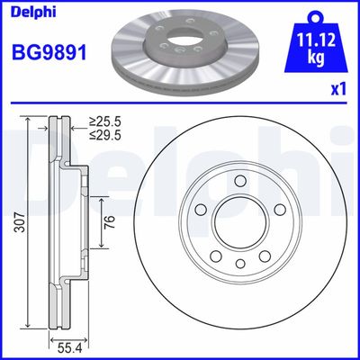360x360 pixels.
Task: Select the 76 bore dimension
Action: click(x=109, y=222)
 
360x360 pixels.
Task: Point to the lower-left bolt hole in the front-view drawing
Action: click(x=217, y=256)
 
